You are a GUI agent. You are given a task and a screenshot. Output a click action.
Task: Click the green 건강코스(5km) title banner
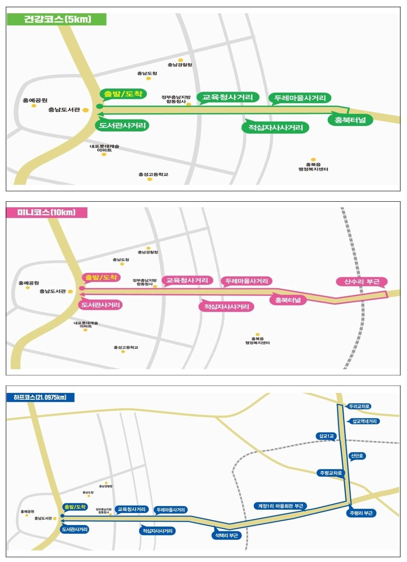point(57,20)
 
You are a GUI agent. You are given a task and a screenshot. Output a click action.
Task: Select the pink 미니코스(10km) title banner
point(46,212)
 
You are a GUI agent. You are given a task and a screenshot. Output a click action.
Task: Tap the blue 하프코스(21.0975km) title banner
point(41,397)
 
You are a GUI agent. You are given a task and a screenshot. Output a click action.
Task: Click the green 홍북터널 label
point(346,120)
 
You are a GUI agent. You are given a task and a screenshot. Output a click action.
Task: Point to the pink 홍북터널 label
point(288,300)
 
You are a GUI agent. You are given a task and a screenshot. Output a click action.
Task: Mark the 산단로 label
point(358,456)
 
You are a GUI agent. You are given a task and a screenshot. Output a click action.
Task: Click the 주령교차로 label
point(331,473)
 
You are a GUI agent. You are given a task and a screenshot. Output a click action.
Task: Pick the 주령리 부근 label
point(360,513)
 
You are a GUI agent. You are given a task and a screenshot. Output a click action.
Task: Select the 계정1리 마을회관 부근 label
point(281,506)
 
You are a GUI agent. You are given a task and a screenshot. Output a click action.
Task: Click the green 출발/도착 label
point(123,94)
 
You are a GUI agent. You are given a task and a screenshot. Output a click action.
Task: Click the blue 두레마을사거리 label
point(171,509)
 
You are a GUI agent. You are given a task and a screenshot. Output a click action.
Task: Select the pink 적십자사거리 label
point(226,306)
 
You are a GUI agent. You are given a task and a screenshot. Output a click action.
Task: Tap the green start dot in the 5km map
point(100,107)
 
